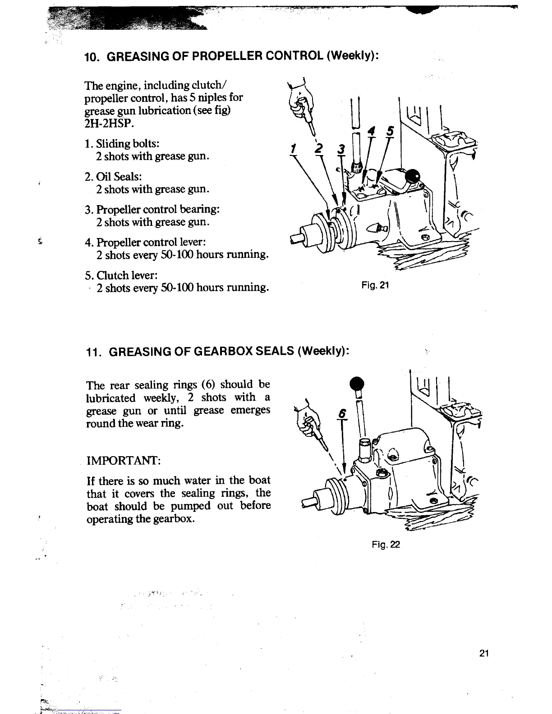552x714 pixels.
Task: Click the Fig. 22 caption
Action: (x=386, y=545)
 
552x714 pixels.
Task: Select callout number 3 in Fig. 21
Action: (x=341, y=149)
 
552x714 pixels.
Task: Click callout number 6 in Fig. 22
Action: (x=344, y=413)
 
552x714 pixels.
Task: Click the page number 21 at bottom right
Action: (x=484, y=654)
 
